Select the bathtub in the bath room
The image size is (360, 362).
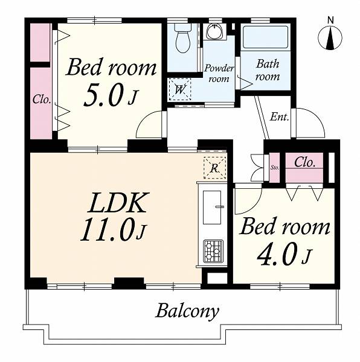tap(266, 37)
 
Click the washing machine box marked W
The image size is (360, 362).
tap(180, 89)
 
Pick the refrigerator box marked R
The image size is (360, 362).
tap(214, 168)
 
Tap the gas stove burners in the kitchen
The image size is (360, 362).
tap(213, 252)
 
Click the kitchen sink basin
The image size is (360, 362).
tap(212, 208)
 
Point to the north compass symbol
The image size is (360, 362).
tap(330, 38)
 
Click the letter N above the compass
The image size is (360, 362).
tap(331, 21)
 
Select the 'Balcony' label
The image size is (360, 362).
tap(187, 311)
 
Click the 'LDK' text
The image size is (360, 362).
tap(117, 203)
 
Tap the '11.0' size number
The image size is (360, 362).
tap(109, 230)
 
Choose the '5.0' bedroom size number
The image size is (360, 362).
tap(103, 95)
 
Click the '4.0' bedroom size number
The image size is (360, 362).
tap(277, 254)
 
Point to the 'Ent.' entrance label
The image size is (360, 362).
tap(280, 117)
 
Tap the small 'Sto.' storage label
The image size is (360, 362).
tap(275, 168)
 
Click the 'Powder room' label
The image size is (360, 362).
tap(219, 74)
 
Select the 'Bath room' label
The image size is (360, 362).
tap(268, 70)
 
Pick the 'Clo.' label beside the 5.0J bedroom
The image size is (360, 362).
tap(42, 100)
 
